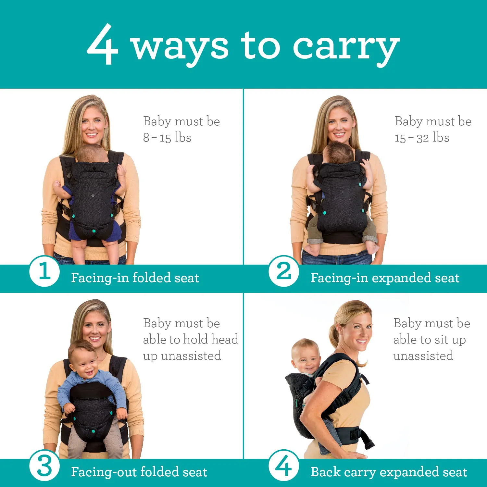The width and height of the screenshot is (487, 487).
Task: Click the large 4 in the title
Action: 103,44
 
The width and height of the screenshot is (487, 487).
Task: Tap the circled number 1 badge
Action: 44,271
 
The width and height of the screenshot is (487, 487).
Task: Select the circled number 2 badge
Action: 284,271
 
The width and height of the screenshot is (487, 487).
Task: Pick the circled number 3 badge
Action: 44,466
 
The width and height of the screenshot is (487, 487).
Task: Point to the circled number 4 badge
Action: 284,466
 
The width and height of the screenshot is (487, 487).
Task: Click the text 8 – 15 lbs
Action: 167,138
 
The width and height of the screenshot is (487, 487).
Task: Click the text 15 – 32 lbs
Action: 422,138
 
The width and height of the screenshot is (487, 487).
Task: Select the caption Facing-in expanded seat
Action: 385,278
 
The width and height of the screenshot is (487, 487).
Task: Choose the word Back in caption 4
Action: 325,472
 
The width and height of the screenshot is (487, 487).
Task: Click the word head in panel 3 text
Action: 225,339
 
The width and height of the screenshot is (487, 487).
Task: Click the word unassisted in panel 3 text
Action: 191,356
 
